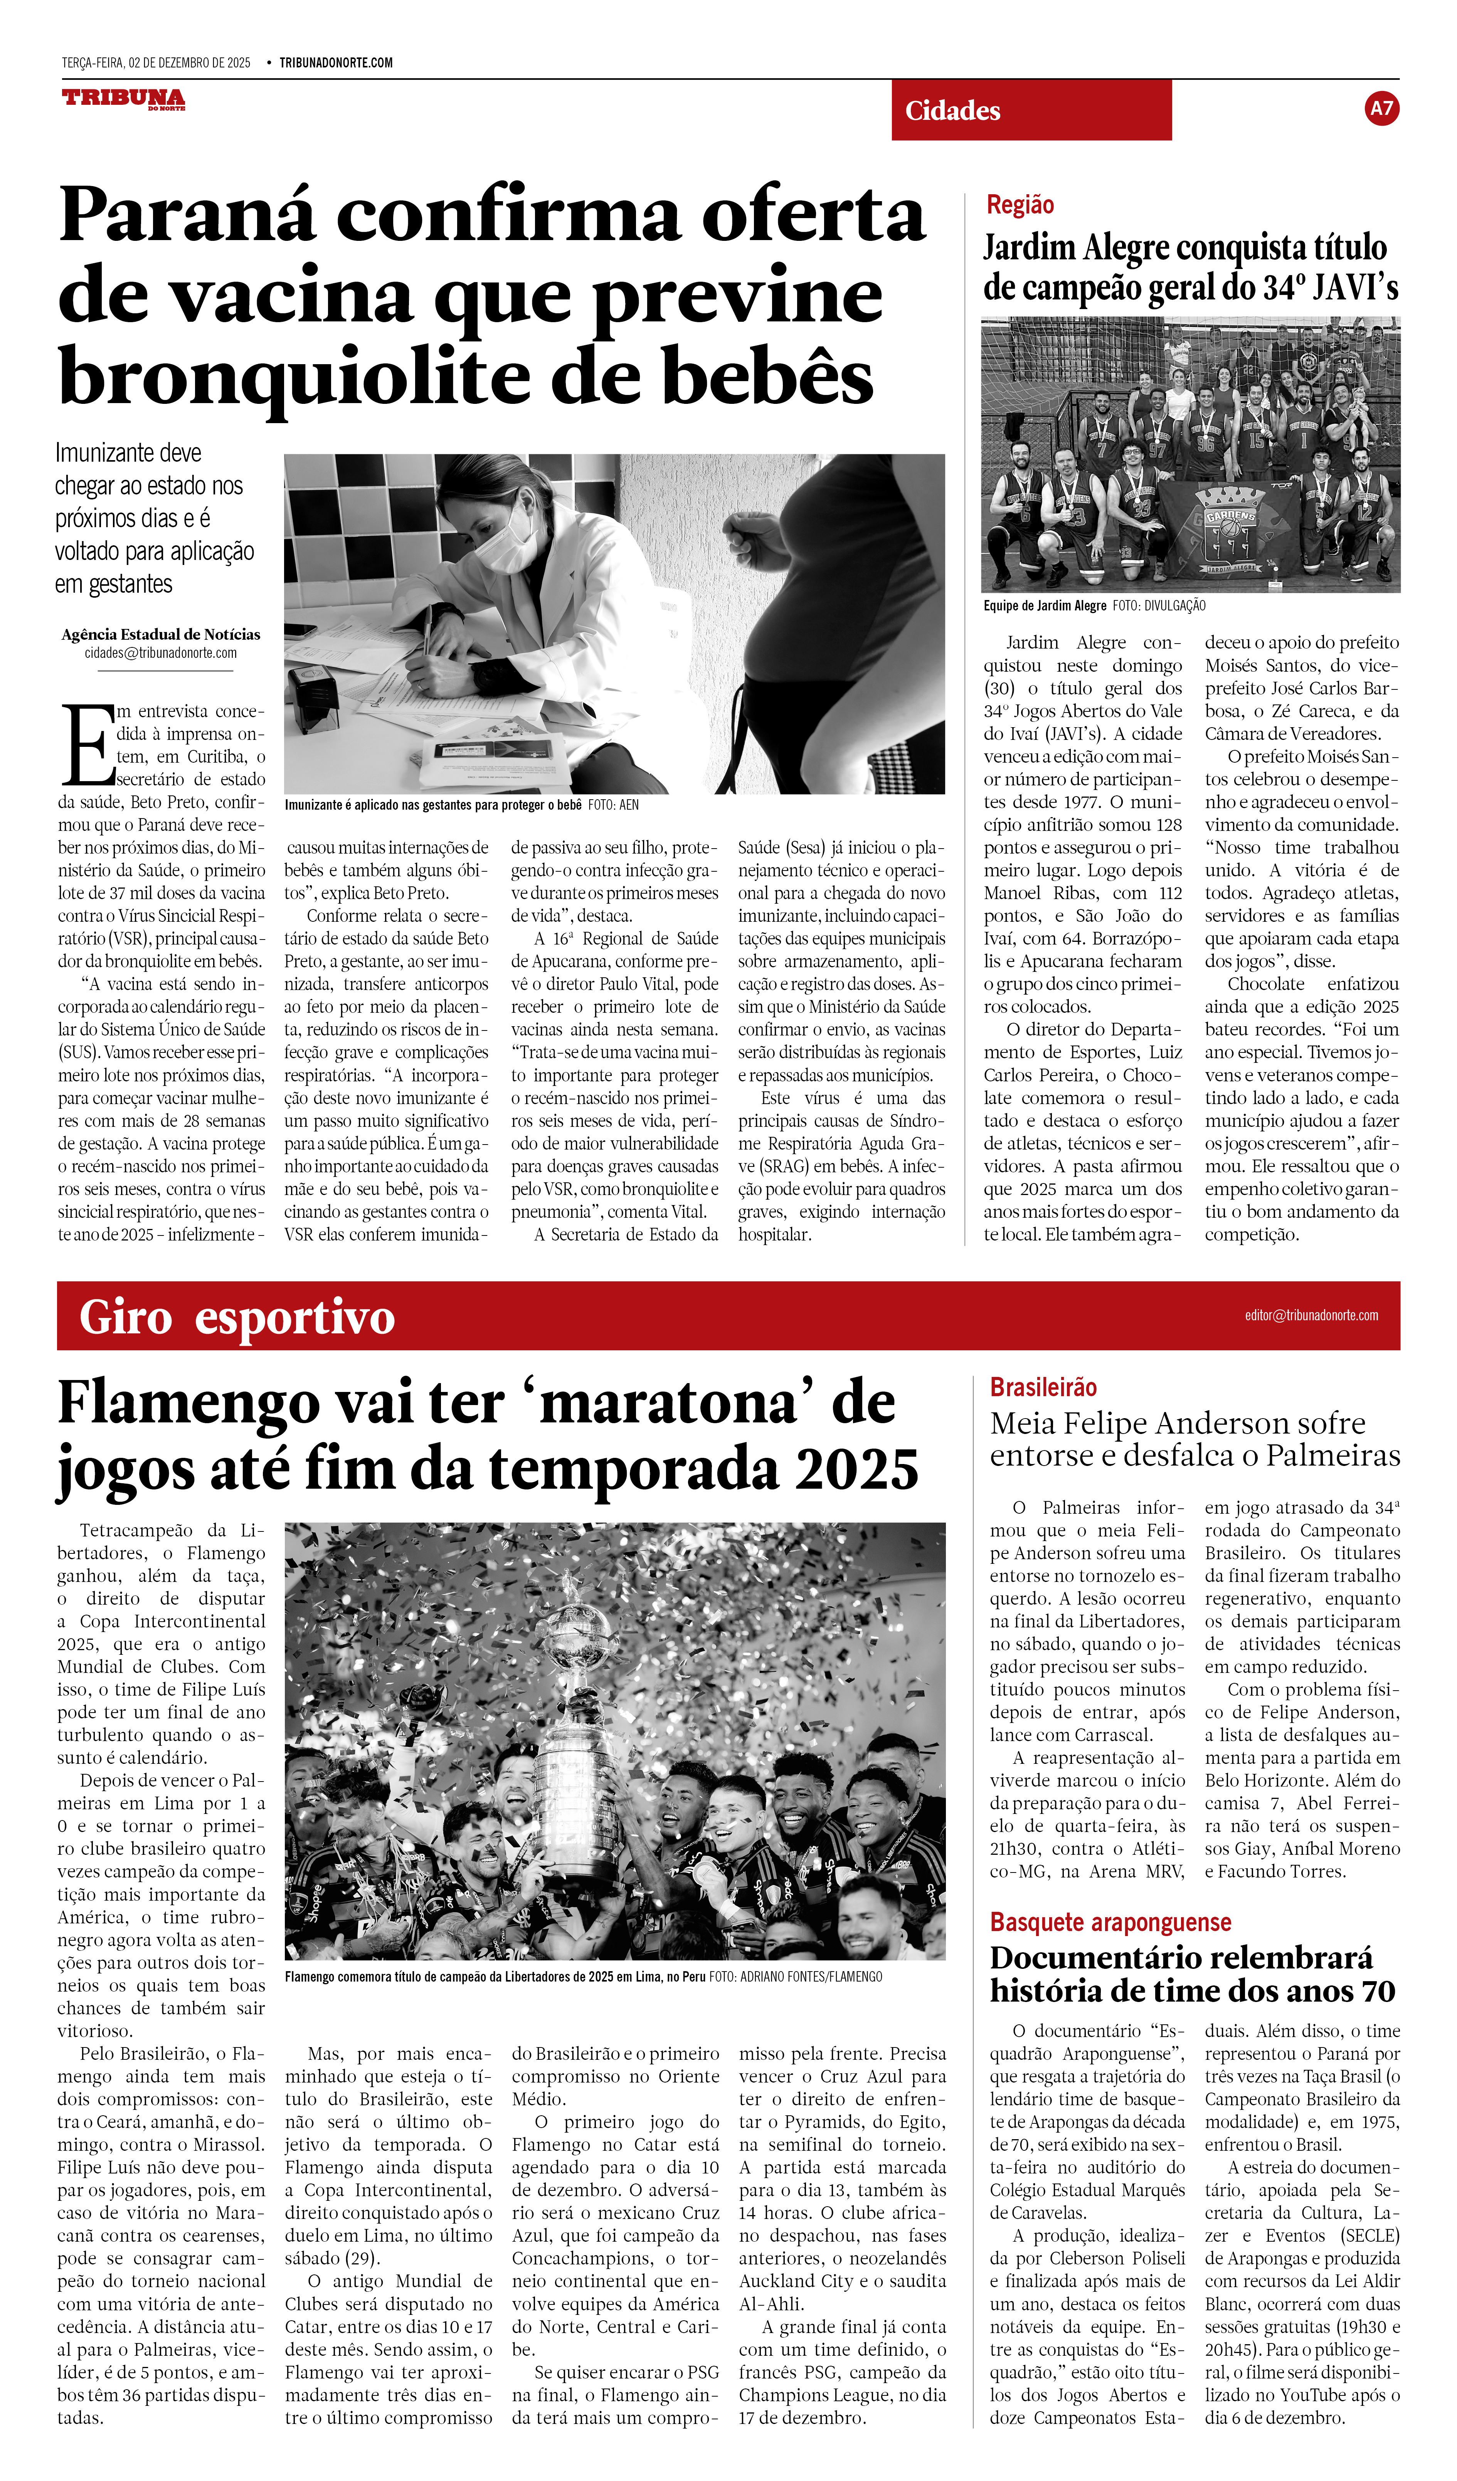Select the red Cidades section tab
click(1031, 110)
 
